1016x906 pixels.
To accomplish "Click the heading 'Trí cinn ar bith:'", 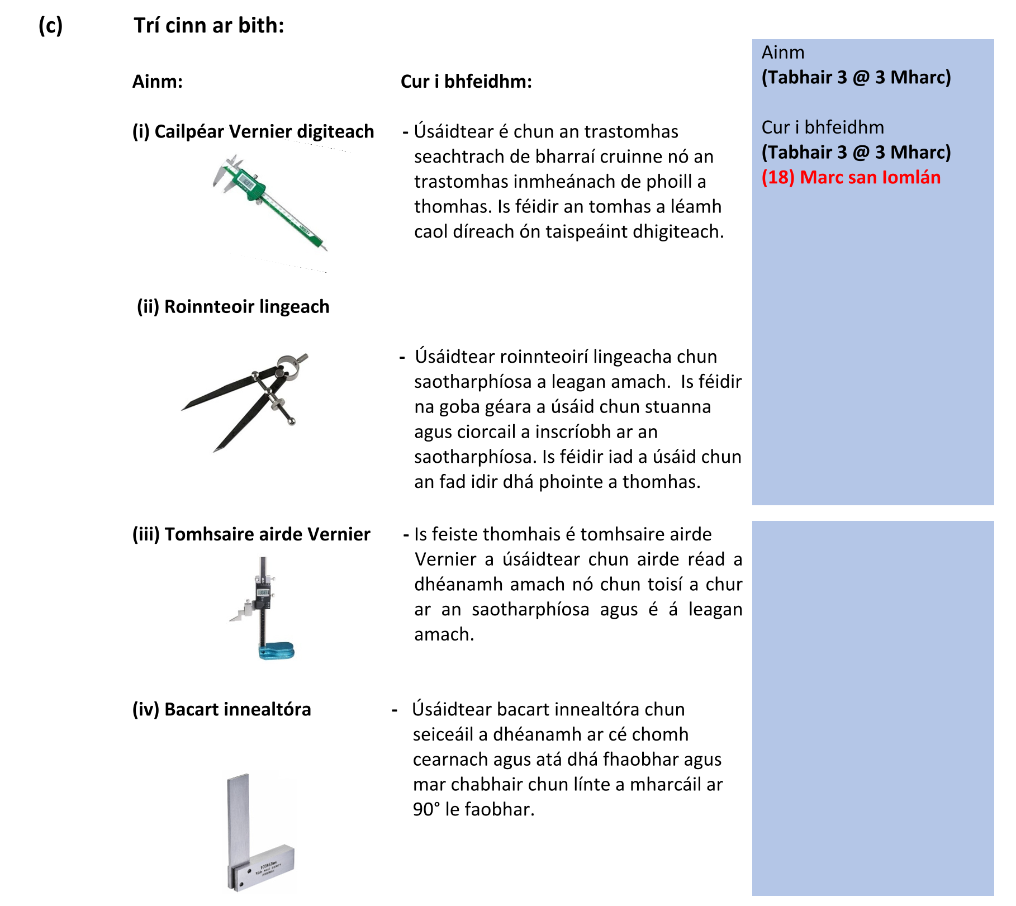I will (209, 26).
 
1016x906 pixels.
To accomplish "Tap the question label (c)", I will (50, 26).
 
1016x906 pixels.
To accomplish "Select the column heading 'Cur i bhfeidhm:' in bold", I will (466, 82).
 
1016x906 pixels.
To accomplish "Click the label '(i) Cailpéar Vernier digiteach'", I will (253, 131).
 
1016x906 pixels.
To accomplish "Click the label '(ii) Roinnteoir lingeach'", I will (233, 307).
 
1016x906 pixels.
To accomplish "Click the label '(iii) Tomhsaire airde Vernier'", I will (251, 534).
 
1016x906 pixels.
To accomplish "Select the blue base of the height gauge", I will (277, 651).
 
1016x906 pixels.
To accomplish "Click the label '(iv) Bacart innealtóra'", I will (221, 709).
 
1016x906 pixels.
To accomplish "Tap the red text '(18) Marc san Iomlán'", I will (851, 177).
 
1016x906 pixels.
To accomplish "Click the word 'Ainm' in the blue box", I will (783, 53).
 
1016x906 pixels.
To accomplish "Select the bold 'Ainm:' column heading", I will (158, 82).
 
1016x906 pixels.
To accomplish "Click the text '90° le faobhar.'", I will (473, 809).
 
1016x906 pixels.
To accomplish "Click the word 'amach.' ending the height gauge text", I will (444, 634).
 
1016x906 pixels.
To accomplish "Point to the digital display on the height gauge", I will (263, 592).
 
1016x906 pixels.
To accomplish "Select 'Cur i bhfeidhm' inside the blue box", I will (822, 127).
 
